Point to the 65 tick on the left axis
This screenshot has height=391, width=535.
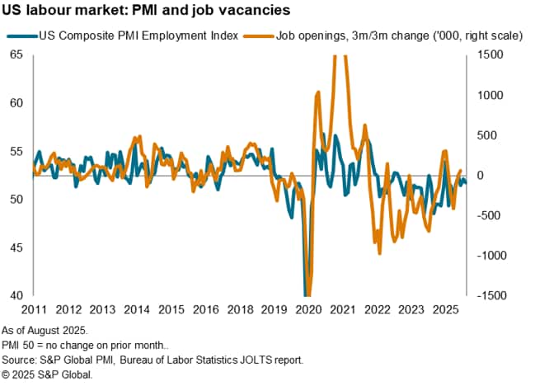click(x=16, y=55)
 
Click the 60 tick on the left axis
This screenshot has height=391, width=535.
click(x=16, y=103)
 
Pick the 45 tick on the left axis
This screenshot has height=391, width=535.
click(x=16, y=247)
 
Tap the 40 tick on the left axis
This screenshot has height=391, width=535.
click(x=16, y=295)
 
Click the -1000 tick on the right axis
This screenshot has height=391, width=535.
click(x=486, y=256)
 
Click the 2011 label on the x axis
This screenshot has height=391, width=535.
click(x=34, y=309)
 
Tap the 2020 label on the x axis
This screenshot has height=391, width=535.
click(x=308, y=309)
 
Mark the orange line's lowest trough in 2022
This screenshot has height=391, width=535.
click(x=379, y=252)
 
